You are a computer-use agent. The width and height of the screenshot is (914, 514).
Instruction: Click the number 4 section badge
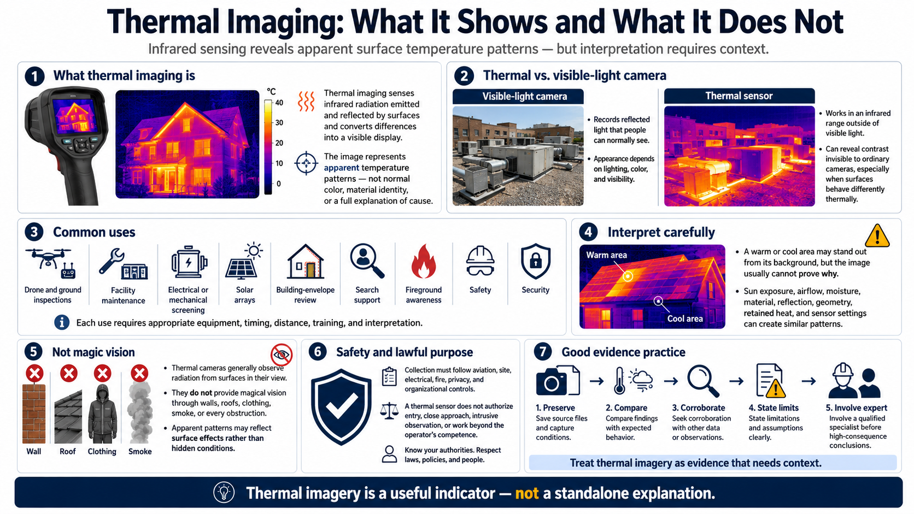(x=588, y=232)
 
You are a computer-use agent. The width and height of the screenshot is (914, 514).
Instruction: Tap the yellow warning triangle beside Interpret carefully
(x=877, y=236)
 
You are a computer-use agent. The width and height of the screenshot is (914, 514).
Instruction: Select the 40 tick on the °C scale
(x=279, y=103)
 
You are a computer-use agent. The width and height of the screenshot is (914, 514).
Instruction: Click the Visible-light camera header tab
(x=518, y=96)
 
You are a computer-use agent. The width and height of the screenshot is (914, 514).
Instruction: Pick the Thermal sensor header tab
(x=740, y=96)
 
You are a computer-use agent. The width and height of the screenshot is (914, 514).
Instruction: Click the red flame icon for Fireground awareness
(x=424, y=262)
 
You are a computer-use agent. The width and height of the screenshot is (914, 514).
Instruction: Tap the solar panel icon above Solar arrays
(x=244, y=262)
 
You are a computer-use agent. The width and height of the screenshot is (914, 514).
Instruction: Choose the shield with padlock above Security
(x=535, y=262)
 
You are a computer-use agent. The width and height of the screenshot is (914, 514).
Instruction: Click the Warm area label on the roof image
(x=606, y=255)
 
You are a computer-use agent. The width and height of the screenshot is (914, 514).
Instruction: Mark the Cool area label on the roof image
(x=685, y=318)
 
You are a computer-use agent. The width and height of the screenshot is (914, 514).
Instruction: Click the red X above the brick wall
(x=34, y=374)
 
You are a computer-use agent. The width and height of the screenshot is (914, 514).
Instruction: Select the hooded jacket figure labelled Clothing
(x=102, y=413)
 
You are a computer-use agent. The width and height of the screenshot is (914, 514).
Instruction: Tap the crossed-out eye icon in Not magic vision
(x=281, y=355)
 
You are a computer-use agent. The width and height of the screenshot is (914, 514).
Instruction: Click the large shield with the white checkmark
(x=341, y=406)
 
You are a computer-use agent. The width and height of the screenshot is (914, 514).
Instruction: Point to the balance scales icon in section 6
(x=389, y=411)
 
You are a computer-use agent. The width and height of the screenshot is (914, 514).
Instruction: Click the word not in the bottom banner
(x=527, y=493)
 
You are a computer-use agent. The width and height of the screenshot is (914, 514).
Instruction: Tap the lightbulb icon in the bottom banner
(x=224, y=492)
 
